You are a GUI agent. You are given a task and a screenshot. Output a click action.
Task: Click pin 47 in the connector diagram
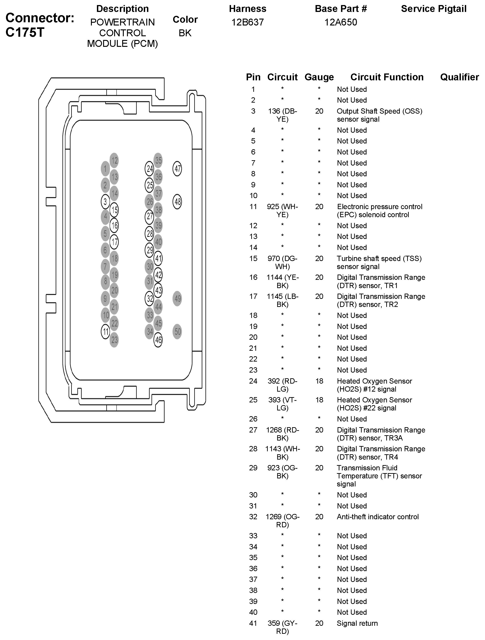click(x=177, y=169)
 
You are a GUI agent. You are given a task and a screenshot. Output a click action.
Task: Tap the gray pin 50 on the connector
click(x=177, y=331)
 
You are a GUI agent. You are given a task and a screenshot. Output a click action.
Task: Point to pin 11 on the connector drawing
click(x=105, y=331)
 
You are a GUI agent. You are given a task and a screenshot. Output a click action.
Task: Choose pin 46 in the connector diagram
click(x=158, y=340)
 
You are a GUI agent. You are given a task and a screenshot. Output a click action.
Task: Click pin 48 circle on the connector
click(x=177, y=201)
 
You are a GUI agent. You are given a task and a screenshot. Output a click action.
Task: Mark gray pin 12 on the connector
click(x=114, y=160)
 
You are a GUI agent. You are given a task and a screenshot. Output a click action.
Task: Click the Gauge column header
click(x=319, y=77)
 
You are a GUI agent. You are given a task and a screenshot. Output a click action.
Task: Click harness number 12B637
click(x=248, y=22)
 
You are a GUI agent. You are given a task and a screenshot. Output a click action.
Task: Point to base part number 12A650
click(x=341, y=22)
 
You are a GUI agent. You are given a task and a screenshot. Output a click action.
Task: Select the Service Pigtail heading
click(x=434, y=9)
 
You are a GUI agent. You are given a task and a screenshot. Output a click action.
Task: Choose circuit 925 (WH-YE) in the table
click(x=282, y=211)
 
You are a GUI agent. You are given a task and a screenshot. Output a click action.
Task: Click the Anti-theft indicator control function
click(x=378, y=517)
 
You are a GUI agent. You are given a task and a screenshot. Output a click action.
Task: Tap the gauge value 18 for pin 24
click(x=319, y=381)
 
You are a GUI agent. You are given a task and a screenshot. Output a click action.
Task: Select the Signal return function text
click(x=357, y=623)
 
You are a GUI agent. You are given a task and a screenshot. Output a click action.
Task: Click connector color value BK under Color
click(x=185, y=33)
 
